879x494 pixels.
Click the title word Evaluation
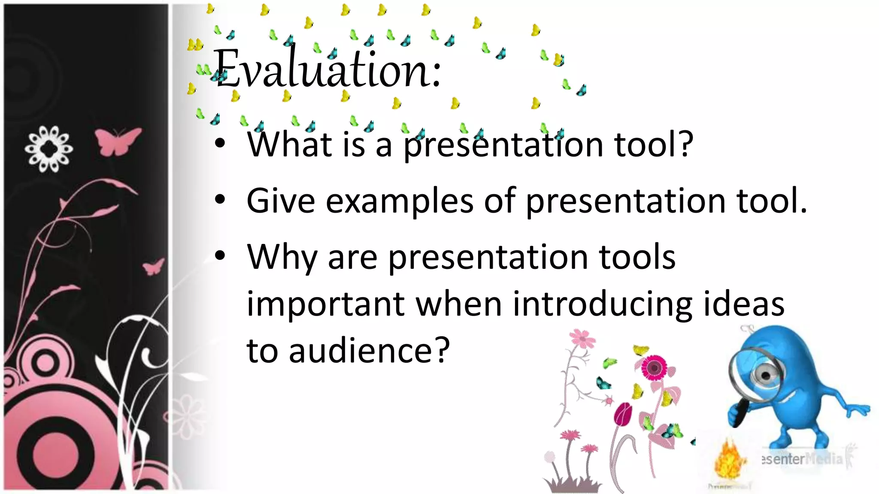tap(328, 69)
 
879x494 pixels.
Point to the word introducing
tap(603, 304)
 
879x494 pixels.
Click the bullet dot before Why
tap(220, 256)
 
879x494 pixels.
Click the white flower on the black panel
tap(48, 149)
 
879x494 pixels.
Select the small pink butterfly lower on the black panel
tap(153, 267)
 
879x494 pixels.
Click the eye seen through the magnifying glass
tap(765, 375)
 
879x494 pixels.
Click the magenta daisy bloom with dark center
tap(654, 367)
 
